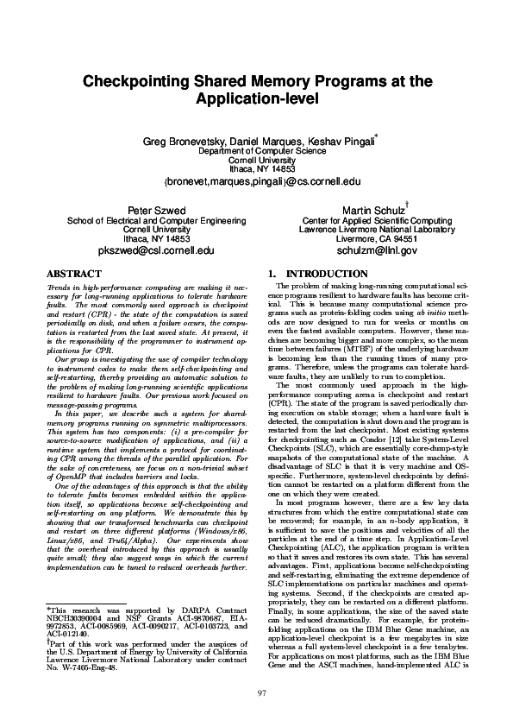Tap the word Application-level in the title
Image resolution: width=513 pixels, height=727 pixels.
click(x=257, y=99)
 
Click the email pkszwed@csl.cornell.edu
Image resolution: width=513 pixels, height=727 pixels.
click(x=156, y=250)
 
